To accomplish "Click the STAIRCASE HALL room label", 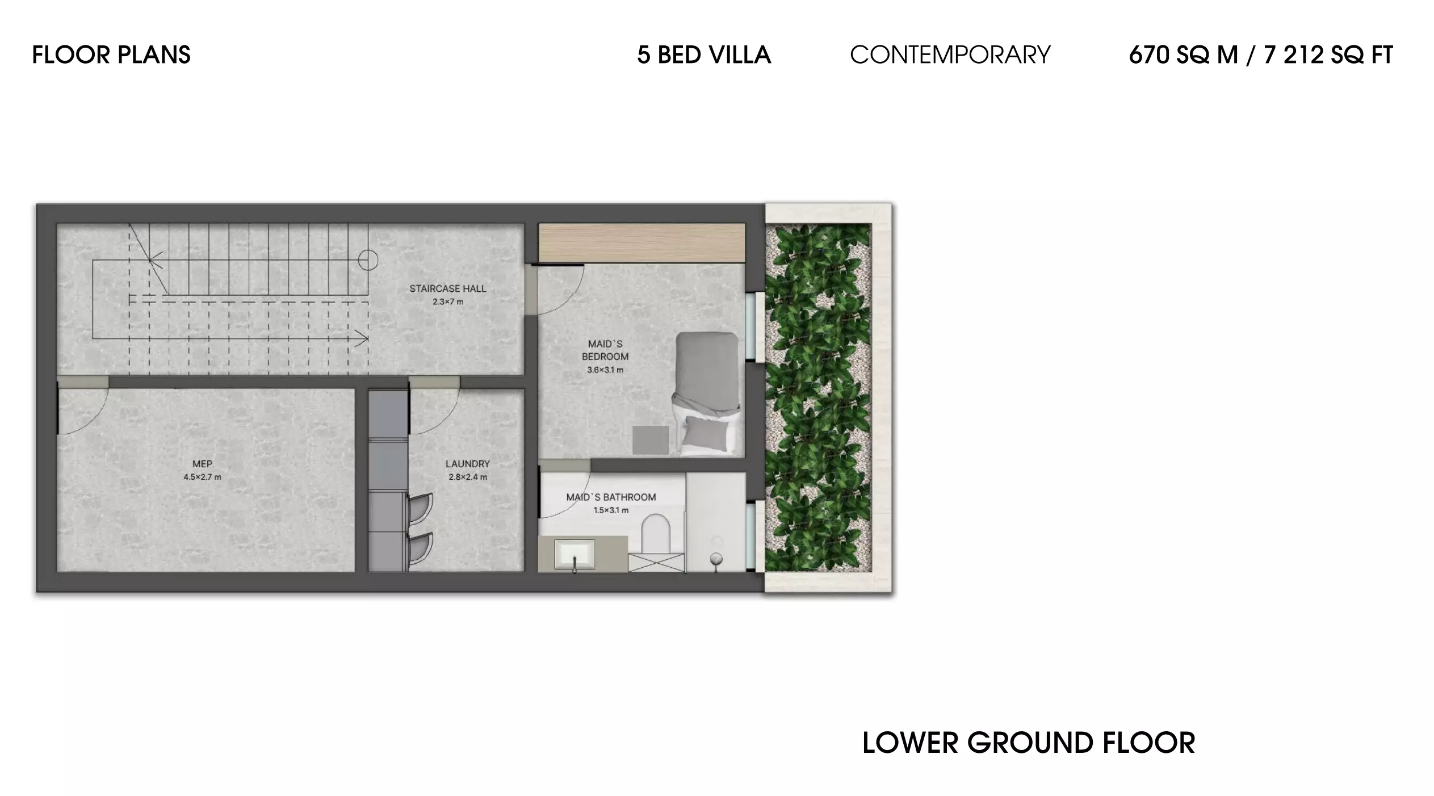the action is coord(447,288).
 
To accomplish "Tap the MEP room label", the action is coord(202,464).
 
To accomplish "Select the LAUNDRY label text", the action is coord(467,464).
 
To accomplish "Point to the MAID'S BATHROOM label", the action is coord(611,497).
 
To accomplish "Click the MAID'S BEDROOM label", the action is coord(605,350).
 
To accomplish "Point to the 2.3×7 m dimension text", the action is coord(448,301).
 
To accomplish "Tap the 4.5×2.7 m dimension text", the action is coord(202,477).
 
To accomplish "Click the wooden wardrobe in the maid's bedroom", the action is coord(641,242).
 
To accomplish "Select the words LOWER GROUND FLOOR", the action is coord(1029,743).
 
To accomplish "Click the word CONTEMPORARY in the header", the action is coord(950,55).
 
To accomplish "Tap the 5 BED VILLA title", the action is coord(704,55).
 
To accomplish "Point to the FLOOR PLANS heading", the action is coord(111,55).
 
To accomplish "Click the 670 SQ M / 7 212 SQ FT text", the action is coord(1261,55).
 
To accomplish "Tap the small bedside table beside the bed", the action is coord(651,440).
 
